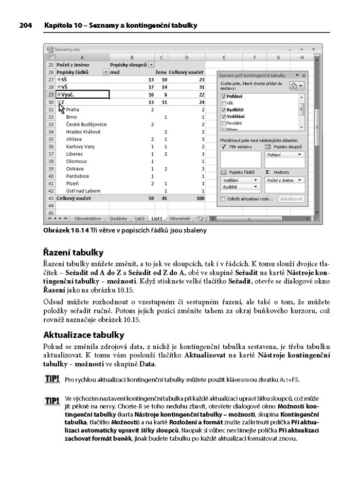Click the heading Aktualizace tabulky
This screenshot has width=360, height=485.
coord(83,335)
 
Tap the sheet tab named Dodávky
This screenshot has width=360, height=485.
coord(118,218)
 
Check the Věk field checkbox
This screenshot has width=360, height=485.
coord(223,103)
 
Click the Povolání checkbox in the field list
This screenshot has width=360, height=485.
coord(223,123)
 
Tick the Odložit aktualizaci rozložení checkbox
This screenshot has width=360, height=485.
coord(223,199)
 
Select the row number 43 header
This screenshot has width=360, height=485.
coord(50,198)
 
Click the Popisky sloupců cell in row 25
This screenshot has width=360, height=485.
coord(129,65)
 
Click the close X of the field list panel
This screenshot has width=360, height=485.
coord(304,75)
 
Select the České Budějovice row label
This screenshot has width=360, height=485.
coord(86,124)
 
